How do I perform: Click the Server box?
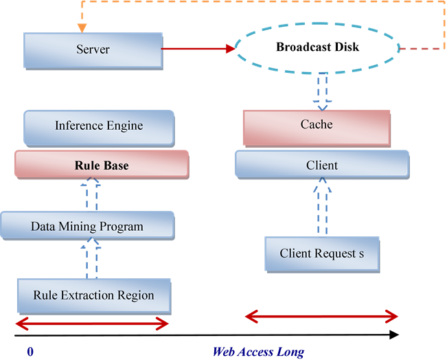click(93, 50)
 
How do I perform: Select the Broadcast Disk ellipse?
click(317, 48)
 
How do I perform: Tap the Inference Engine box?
click(99, 126)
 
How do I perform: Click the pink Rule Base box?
click(102, 166)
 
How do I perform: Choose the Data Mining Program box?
click(87, 226)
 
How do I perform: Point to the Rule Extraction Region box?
click(93, 296)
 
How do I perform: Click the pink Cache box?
click(317, 126)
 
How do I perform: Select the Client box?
click(321, 166)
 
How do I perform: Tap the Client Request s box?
click(322, 254)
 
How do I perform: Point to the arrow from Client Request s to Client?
click(322, 207)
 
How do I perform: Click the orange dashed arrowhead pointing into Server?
click(82, 28)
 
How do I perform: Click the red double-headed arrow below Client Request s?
click(321, 317)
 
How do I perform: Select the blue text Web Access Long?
click(258, 352)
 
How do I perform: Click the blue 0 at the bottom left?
click(30, 352)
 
